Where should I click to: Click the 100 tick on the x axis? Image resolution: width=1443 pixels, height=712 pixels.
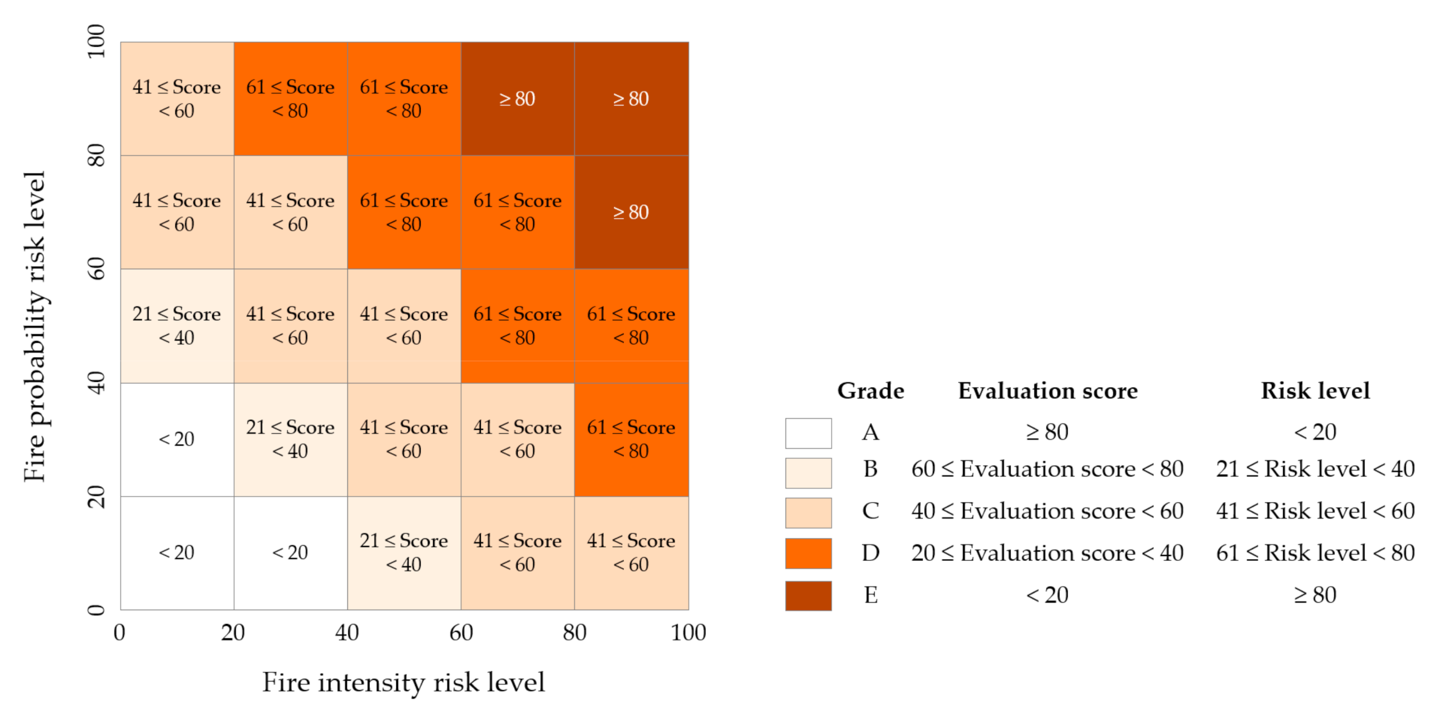pos(688,633)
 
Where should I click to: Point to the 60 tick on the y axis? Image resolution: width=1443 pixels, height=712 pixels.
pos(96,269)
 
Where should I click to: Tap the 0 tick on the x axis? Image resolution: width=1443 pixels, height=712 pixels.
pos(120,633)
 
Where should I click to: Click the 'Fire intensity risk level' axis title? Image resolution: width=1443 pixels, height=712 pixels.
pos(403,683)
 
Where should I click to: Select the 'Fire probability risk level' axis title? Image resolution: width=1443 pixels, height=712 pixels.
pos(35,326)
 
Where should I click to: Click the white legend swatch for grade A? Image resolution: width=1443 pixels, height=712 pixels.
pos(808,432)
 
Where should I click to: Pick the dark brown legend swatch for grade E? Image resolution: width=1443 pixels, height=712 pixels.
pos(808,595)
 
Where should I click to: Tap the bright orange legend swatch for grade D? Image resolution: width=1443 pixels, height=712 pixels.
pos(808,553)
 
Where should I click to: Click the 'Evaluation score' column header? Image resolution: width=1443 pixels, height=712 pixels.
pos(1047,391)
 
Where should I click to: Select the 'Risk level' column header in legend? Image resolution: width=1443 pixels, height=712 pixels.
pos(1315,391)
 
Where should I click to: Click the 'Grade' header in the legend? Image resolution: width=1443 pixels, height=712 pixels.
pos(870,391)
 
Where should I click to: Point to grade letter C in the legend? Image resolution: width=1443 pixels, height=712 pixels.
pos(870,511)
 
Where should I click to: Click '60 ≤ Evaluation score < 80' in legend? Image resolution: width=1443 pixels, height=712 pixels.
pos(1047,469)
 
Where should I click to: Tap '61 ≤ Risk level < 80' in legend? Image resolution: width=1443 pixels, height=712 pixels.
pos(1315,553)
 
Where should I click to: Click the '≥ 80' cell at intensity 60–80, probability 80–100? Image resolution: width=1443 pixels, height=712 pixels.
pos(517,98)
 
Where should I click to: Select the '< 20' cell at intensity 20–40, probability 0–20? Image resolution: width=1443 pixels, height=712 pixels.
pos(290,553)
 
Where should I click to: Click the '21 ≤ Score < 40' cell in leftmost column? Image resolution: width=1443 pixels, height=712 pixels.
pos(177,326)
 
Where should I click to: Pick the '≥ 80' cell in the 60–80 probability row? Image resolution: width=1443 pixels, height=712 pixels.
pos(631,212)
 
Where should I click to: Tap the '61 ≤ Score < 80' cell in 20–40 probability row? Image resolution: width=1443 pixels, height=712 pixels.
pos(631,439)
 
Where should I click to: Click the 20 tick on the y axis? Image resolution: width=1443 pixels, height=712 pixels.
pos(96,496)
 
